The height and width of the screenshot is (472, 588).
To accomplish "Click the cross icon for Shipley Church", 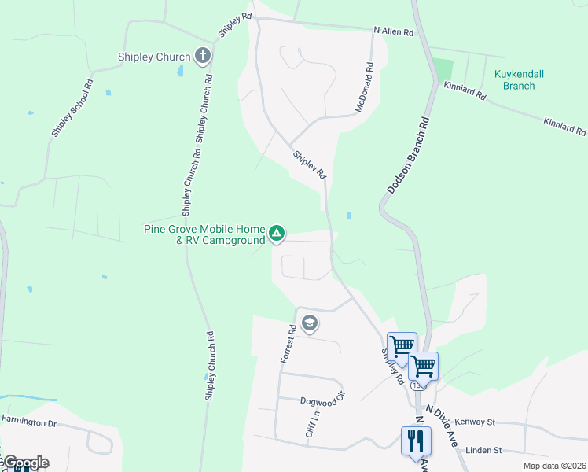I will coord(203,56).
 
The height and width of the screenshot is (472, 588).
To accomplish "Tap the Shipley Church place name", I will coord(154,57).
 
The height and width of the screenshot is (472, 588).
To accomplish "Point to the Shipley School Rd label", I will coord(72,108).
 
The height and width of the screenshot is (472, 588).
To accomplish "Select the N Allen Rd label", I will coord(393,32).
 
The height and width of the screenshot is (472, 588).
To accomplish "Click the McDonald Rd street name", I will coord(362,87).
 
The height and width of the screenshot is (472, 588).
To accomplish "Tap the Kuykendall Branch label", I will coord(519,79).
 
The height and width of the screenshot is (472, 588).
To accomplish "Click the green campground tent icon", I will coord(277,233).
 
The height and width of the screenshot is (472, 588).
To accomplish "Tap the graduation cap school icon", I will coord(310,323).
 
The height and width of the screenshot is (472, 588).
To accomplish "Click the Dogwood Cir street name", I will coord(322,400).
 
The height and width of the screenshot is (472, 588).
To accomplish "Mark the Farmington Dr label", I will coord(29,422).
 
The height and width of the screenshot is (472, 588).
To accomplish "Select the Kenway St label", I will coord(475,422).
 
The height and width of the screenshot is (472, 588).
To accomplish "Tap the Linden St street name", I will coord(483,450).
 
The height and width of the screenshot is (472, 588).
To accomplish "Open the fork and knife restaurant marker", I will coord(416,440).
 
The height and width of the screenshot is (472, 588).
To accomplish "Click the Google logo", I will coord(25,463).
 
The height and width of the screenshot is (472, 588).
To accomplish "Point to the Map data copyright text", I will coord(554,466).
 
